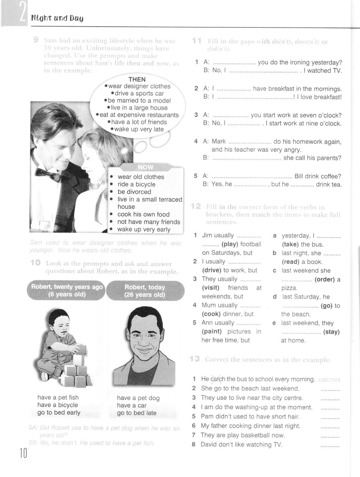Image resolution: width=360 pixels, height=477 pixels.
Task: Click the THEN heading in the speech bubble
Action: click(137, 79)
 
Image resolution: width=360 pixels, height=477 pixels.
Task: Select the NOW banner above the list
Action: click(145, 167)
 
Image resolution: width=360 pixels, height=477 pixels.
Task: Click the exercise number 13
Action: click(195, 359)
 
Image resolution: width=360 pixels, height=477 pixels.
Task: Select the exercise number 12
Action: click(196, 206)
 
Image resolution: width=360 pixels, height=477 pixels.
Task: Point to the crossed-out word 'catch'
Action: click(217, 379)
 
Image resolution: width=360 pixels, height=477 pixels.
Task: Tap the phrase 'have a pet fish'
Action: click(58, 397)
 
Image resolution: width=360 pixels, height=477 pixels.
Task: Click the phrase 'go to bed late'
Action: click(136, 413)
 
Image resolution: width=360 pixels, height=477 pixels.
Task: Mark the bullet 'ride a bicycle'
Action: click(135, 184)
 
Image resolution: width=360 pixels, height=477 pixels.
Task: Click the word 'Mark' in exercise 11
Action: click(219, 141)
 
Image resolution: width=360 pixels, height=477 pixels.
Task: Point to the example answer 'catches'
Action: click(329, 379)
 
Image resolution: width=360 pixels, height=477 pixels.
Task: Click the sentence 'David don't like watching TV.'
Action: click(242, 445)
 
